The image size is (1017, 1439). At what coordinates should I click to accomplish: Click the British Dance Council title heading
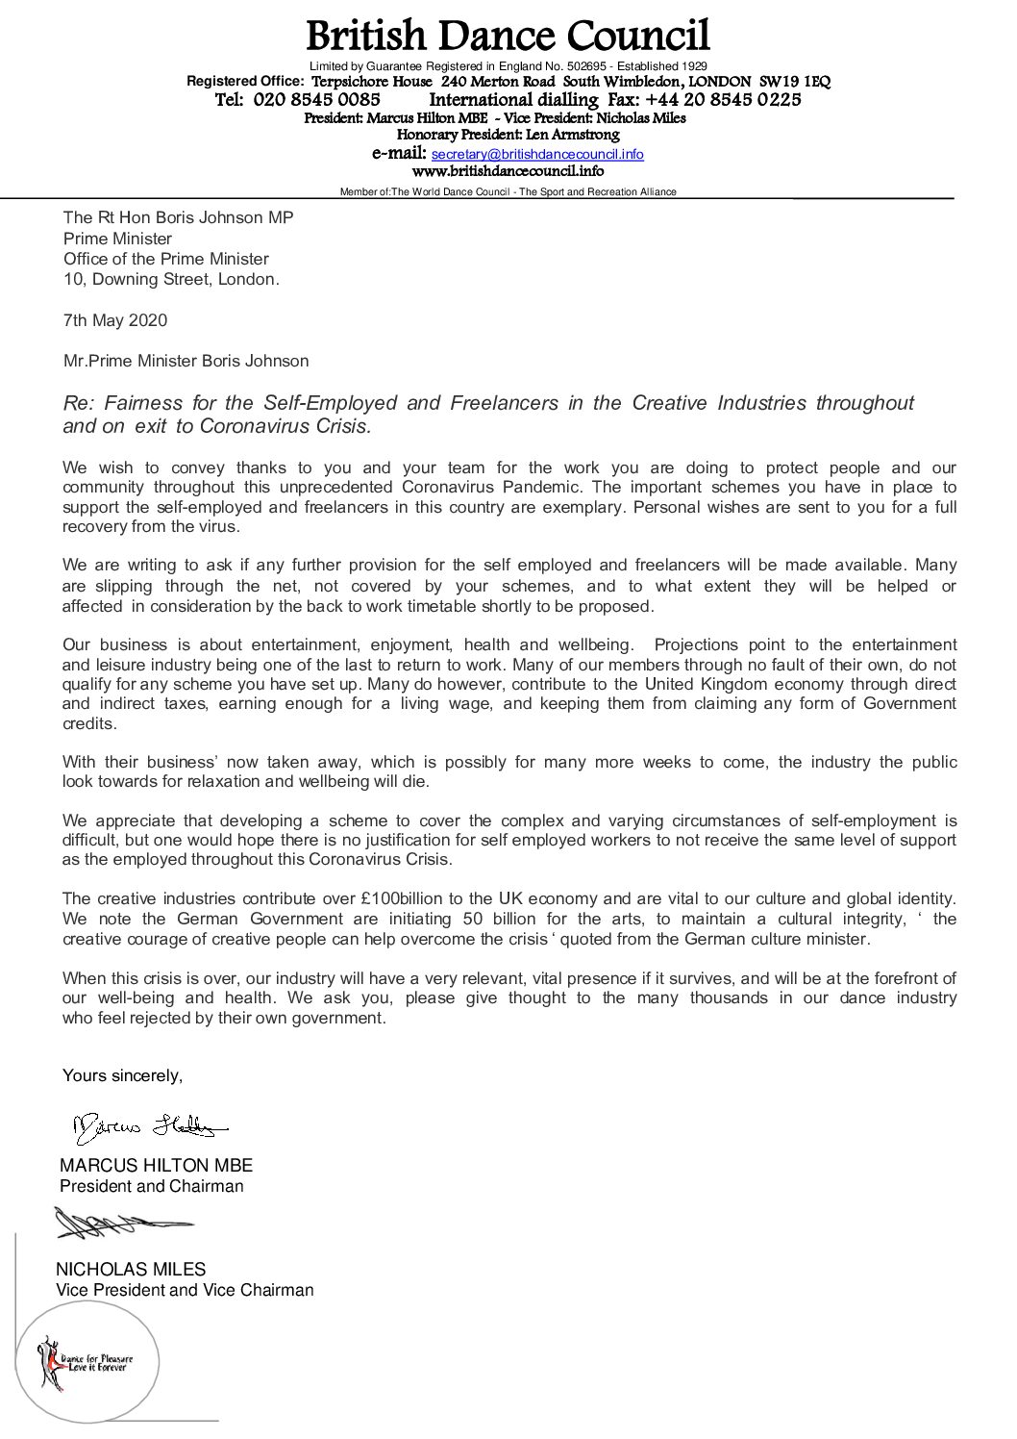coord(508,37)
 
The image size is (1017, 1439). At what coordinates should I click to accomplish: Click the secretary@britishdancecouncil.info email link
coord(537,154)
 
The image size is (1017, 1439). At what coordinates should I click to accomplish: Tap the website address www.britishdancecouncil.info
coord(508,171)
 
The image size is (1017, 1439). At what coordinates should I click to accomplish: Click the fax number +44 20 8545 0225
coord(723,100)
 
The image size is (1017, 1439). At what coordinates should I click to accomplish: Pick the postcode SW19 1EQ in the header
coord(795,83)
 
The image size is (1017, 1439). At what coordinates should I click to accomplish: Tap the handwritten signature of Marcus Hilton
coord(149,1124)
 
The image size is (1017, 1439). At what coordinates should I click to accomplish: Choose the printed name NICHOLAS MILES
coord(132,1270)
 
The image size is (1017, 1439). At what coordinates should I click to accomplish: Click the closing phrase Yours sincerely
coord(122,1074)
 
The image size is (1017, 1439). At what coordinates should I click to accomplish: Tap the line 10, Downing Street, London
coord(172,280)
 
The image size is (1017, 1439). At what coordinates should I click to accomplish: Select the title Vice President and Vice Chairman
coord(186,1290)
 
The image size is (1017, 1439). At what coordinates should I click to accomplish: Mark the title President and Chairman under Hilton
coord(152,1186)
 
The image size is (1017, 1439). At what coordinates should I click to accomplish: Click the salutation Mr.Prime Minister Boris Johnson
coord(186,362)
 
